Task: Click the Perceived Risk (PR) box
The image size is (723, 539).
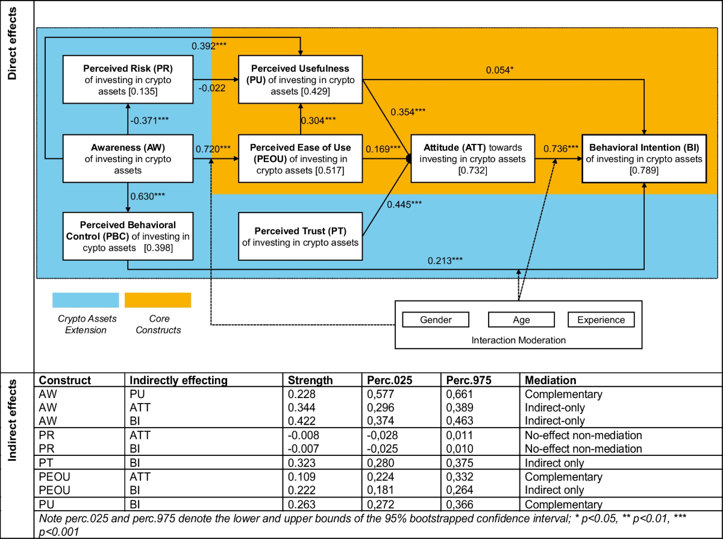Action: (x=128, y=78)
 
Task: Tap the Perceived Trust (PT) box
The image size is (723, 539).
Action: (x=301, y=236)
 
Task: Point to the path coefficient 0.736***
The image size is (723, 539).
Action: (x=562, y=149)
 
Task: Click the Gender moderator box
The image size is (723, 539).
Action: (x=436, y=320)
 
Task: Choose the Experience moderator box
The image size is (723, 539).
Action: (x=601, y=320)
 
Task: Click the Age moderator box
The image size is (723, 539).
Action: (x=521, y=320)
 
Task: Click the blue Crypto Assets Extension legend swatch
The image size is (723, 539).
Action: (x=86, y=300)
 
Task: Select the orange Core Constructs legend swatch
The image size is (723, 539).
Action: (x=158, y=300)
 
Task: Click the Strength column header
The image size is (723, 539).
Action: (x=310, y=381)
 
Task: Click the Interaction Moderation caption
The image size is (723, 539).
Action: (x=519, y=340)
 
